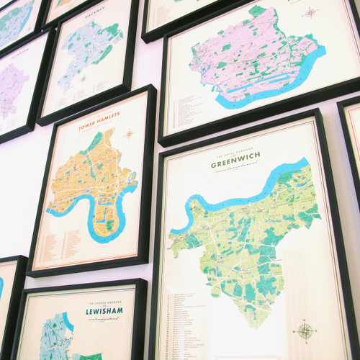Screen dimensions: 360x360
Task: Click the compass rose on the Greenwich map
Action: (x=305, y=331)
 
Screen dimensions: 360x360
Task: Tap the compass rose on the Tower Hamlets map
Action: (x=130, y=134)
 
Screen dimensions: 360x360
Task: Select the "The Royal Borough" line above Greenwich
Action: (x=229, y=154)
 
